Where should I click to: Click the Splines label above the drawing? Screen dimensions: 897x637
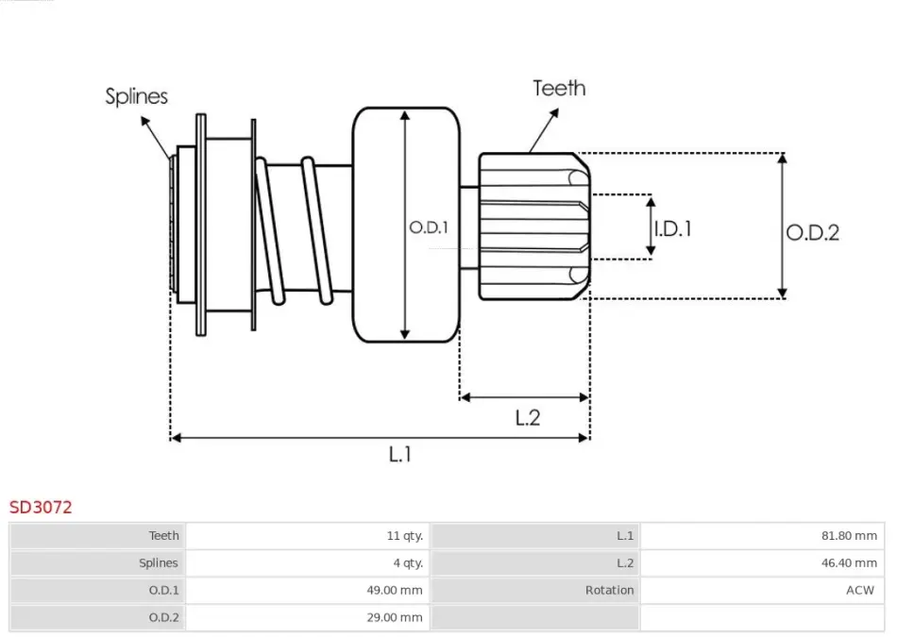coord(136,96)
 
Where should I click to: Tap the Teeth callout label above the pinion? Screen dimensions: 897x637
coord(559,88)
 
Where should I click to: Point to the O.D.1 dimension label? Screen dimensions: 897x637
coord(429,227)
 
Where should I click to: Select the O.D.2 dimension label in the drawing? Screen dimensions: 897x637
coord(812,232)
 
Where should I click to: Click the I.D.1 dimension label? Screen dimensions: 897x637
coord(672,228)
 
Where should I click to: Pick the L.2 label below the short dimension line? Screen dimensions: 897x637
coord(528,417)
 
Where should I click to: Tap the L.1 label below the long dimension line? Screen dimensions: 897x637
coord(400,454)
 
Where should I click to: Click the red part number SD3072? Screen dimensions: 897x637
coord(41,507)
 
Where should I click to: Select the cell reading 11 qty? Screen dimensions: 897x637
coord(404,536)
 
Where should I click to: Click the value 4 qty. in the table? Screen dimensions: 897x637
coord(408,563)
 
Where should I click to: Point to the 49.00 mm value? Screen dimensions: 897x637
coord(395,590)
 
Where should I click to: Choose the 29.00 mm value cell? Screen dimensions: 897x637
coord(395,617)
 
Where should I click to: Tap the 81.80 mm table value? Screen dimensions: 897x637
coord(849,536)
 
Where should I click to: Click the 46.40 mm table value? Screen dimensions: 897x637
coord(849,563)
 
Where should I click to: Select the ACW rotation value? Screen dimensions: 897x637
coord(860,590)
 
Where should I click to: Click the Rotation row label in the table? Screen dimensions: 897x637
coord(609,590)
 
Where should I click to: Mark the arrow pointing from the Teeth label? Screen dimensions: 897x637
coord(544,130)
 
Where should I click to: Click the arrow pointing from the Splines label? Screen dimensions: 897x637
coord(156,139)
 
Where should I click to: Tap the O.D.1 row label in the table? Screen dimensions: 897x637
coord(163,590)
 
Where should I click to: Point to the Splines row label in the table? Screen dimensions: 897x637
coord(159,563)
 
